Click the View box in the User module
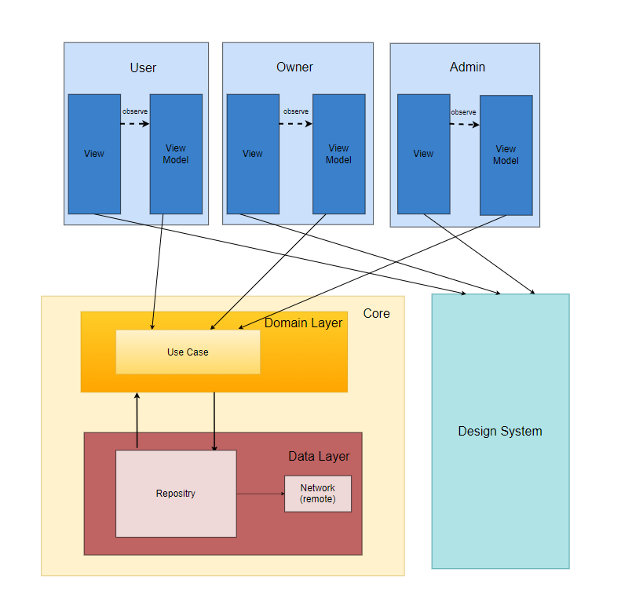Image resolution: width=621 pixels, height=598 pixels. tap(94, 154)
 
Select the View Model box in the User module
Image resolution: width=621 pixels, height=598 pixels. tap(176, 154)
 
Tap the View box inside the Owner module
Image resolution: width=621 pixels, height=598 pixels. tap(253, 154)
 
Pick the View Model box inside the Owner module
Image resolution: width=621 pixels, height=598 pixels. tap(338, 154)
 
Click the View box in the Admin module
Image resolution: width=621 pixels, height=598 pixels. tap(423, 154)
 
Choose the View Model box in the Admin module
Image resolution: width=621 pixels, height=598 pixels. tap(506, 155)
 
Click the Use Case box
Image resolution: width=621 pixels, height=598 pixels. tap(188, 352)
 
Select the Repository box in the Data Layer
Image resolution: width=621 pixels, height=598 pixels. tap(176, 494)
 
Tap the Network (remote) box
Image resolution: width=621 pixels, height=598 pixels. tap(317, 494)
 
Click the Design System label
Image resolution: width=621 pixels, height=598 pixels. tap(500, 431)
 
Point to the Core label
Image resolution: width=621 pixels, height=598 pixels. tap(376, 313)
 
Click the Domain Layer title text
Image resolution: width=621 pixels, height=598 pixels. tap(303, 323)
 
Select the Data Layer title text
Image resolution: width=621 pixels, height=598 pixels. tap(319, 456)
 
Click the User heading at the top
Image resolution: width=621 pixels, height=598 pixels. tap(143, 67)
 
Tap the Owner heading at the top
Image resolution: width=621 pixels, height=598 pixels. tap(294, 67)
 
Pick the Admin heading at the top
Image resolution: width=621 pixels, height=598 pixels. tap(467, 67)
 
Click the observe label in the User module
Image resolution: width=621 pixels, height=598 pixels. tap(135, 111)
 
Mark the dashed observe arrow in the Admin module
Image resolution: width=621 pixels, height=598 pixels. tap(465, 124)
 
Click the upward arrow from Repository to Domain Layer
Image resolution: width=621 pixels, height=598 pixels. tap(137, 420)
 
